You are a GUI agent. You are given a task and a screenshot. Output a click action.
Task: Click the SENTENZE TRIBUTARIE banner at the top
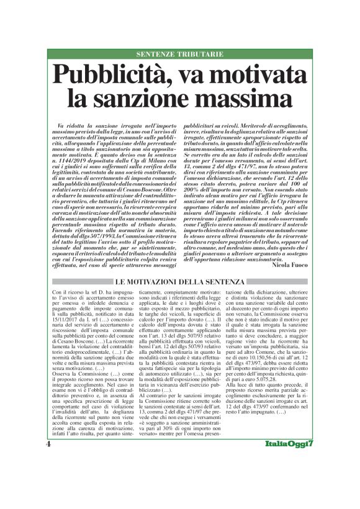point(179,54)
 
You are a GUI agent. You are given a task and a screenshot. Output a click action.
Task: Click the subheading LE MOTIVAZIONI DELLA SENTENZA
point(179,283)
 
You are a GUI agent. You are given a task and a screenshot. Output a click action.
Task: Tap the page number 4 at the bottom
point(49,479)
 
